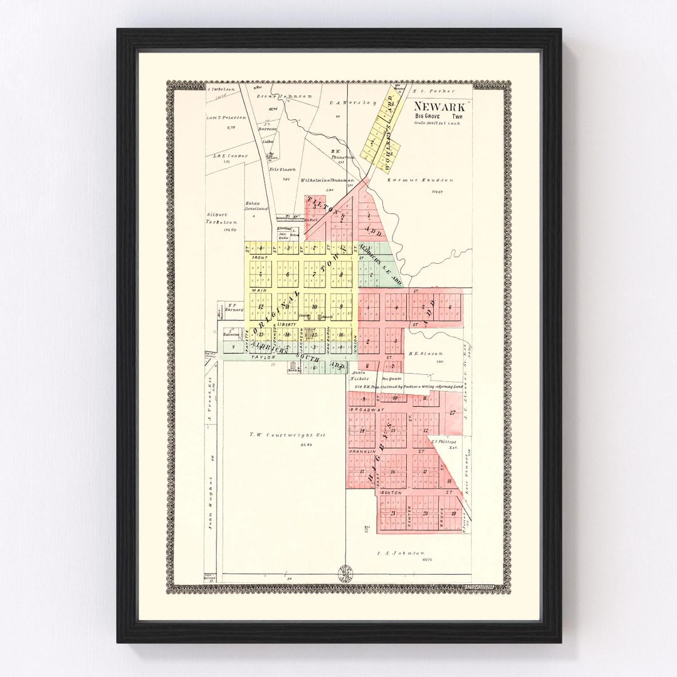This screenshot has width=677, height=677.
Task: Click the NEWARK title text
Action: point(439,107)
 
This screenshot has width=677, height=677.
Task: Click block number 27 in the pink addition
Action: point(452,412)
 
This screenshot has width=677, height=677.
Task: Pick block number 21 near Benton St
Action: point(392,513)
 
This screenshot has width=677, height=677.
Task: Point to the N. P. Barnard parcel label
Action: point(233,308)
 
